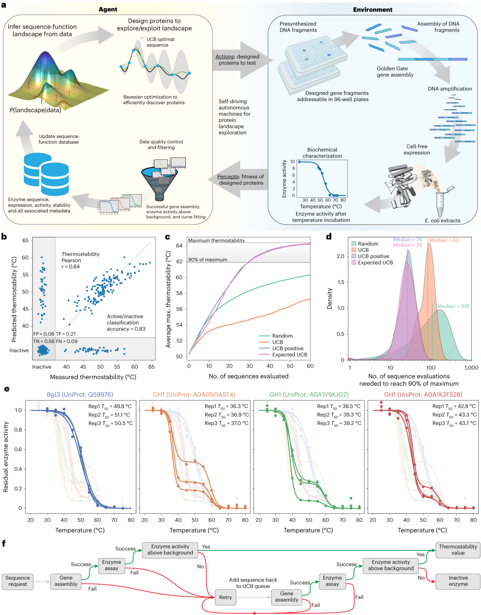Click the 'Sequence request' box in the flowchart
coord(17,581)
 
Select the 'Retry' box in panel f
coord(225,597)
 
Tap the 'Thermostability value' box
coord(458,550)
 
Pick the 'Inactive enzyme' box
coord(458,581)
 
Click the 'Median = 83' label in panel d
coord(444,240)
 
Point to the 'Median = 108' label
coord(453,306)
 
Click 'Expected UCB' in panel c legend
coord(289,354)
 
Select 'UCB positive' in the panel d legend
coord(373,256)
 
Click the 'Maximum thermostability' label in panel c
coord(216,240)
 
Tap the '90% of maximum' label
coord(208,260)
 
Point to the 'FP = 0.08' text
coord(44,334)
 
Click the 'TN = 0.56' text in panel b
coord(44,341)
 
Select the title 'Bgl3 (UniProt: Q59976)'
coord(80,394)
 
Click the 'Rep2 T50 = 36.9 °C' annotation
coord(227,415)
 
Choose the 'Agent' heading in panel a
coord(108,9)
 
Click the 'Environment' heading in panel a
coord(373,10)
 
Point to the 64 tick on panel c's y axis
coord(179,246)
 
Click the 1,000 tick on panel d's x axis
coord(471,368)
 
